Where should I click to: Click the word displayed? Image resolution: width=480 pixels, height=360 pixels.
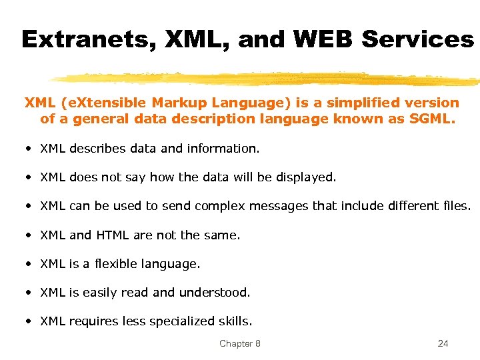pyautogui.click(x=303, y=177)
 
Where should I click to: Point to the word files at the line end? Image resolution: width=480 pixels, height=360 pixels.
pyautogui.click(x=455, y=206)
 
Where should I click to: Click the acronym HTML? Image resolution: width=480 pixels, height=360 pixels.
pyautogui.click(x=113, y=235)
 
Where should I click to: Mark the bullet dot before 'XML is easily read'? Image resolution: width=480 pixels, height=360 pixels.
pyautogui.click(x=29, y=292)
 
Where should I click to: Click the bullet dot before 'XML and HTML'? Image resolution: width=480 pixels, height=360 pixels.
pyautogui.click(x=29, y=235)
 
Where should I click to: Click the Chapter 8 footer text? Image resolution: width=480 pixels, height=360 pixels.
pyautogui.click(x=240, y=343)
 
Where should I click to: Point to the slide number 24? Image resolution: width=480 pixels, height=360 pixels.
pyautogui.click(x=443, y=343)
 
